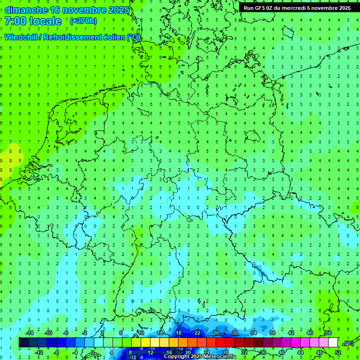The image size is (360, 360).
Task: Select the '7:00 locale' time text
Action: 33,21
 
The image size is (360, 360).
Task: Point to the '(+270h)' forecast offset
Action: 83,21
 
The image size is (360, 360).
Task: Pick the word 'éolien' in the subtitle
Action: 113,37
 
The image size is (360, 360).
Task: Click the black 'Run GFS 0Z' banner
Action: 297,8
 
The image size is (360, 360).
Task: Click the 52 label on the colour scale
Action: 338,352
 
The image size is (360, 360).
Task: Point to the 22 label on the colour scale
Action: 197,333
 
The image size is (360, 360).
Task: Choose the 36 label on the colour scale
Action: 263,352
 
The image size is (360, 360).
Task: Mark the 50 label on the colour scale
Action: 329,333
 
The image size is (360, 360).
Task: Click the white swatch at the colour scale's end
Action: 333,343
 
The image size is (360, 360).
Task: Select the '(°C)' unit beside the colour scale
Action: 349,343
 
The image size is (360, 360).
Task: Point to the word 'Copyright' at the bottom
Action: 177,357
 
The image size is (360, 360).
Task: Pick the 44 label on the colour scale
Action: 300,352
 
